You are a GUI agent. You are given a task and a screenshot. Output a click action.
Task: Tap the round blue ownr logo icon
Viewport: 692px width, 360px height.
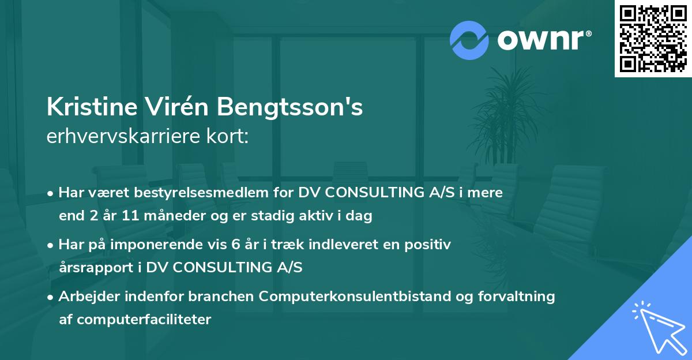[x=469, y=39]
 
